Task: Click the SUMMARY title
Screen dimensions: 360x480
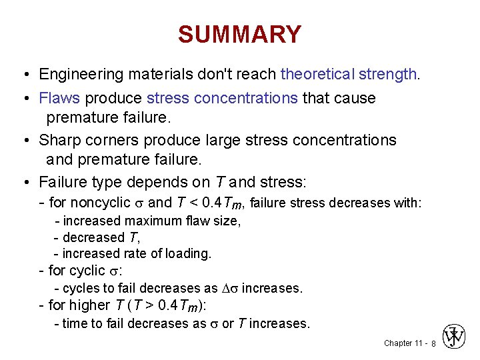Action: pyautogui.click(x=239, y=34)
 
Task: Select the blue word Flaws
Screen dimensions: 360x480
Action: pyautogui.click(x=59, y=98)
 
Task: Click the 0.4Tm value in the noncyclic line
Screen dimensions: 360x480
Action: pyautogui.click(x=224, y=203)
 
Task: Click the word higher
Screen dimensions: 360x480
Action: pyautogui.click(x=89, y=305)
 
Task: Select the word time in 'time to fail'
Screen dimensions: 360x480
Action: pyautogui.click(x=75, y=323)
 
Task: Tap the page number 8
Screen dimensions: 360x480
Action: pyautogui.click(x=433, y=343)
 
